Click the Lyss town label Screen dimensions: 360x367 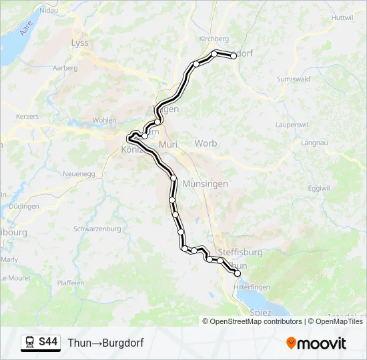pos(79,43)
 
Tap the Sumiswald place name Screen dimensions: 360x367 pos(292,79)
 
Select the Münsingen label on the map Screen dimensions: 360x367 pos(205,183)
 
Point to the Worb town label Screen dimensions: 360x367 pos(206,143)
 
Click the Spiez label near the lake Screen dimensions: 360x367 pos(260,312)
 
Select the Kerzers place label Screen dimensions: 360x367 pos(28,116)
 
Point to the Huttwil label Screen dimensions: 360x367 pos(341,17)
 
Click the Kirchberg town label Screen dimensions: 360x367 pos(214,39)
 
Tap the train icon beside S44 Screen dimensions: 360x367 pos(30,343)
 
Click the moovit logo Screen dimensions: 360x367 pos(316,343)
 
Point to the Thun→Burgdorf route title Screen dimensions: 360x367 pos(105,343)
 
